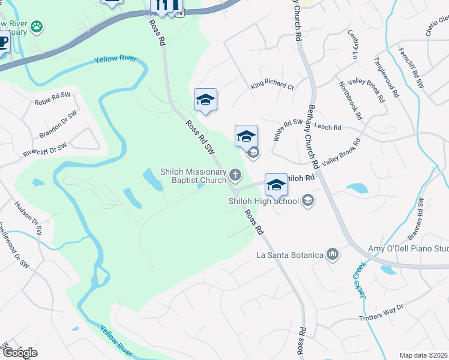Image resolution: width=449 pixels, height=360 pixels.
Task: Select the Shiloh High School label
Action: pyautogui.click(x=264, y=201)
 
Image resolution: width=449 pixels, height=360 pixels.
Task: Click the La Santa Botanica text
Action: pyautogui.click(x=290, y=256)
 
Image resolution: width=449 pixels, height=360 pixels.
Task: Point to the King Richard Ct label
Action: pyautogui.click(x=273, y=86)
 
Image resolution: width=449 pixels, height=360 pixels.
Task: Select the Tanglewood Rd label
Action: pyautogui.click(x=387, y=77)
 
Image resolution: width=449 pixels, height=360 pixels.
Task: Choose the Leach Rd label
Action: pyautogui.click(x=328, y=127)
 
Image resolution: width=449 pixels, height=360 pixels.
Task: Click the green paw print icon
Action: pyautogui.click(x=37, y=26)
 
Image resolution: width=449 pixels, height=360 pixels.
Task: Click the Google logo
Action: pyautogui.click(x=20, y=353)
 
